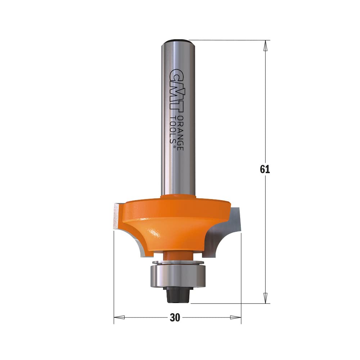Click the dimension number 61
(x=265, y=169)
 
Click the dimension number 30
(x=175, y=318)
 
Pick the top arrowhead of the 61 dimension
(x=265, y=45)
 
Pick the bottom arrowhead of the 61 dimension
(x=265, y=298)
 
